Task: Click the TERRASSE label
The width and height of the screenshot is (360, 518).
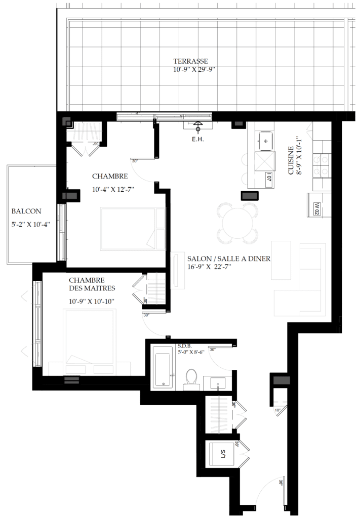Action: click(x=194, y=62)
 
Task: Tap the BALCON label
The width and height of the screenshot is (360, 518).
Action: click(x=26, y=211)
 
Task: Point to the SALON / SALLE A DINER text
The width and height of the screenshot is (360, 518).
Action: click(x=229, y=258)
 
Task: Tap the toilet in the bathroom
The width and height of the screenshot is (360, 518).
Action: click(x=191, y=378)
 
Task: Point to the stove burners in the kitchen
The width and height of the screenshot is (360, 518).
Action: click(x=322, y=165)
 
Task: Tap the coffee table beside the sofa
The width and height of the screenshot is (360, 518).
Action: click(x=281, y=260)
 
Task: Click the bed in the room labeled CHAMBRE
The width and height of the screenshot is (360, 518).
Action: click(x=133, y=229)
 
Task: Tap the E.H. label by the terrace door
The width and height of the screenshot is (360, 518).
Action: click(x=197, y=140)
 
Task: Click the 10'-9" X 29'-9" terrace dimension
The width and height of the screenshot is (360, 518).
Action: click(x=194, y=70)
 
